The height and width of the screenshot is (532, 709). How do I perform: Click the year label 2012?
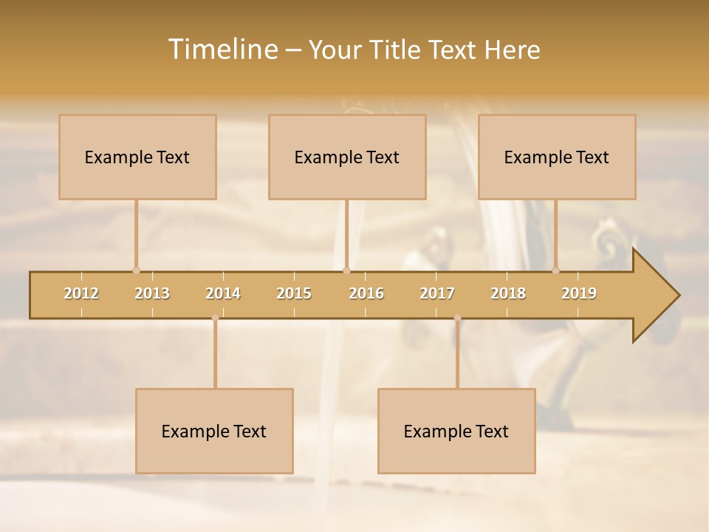coord(81,294)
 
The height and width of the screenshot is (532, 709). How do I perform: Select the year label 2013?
coord(152,294)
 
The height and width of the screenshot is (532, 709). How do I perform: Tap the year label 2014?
coord(223,294)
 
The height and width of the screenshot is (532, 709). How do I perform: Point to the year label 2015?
coord(294,294)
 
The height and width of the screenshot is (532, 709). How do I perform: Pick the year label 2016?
coord(366,294)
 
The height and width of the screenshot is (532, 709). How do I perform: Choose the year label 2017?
coord(437,294)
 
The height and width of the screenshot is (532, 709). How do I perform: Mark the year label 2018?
coord(508,294)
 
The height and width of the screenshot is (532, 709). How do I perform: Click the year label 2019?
coord(579,294)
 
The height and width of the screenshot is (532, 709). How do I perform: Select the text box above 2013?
coord(137,157)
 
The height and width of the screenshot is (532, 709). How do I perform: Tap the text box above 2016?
coord(347,157)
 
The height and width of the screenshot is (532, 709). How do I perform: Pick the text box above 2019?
coord(557,157)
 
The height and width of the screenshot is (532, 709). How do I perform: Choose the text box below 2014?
coord(214,431)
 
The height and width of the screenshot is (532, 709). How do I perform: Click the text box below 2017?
coord(456,431)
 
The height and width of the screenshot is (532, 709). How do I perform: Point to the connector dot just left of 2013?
coord(136,270)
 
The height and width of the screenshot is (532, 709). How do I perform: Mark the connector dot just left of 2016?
coord(346,270)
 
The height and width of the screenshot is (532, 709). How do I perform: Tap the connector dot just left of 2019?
coord(556,270)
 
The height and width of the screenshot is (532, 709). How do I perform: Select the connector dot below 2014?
coord(215,318)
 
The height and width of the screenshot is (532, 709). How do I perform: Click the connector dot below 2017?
coord(457,318)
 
